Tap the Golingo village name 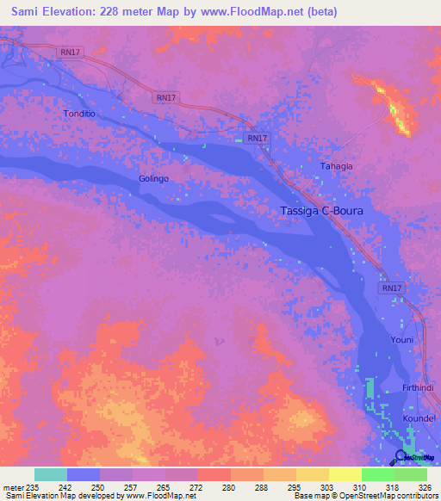point(153,178)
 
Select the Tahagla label point(337,166)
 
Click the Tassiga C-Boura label point(323,211)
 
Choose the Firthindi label point(419,388)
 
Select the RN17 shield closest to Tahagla point(257,138)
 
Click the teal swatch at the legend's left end point(51,474)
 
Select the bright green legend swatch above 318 point(377,474)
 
